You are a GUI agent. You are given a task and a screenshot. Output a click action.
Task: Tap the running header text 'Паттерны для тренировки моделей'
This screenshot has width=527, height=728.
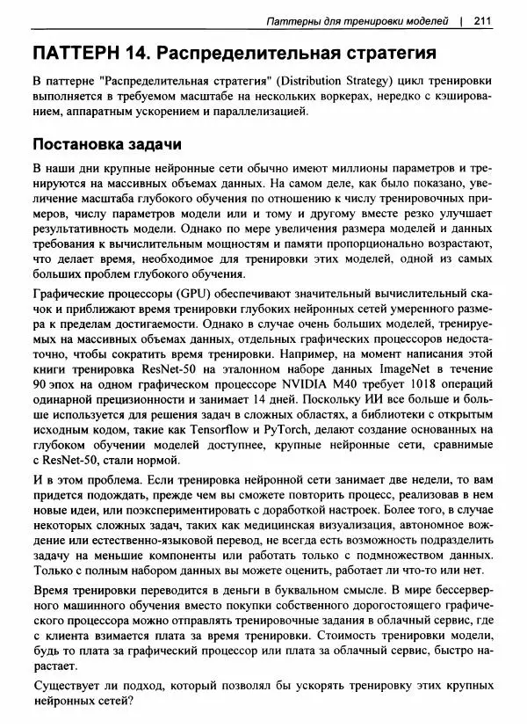click(358, 19)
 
